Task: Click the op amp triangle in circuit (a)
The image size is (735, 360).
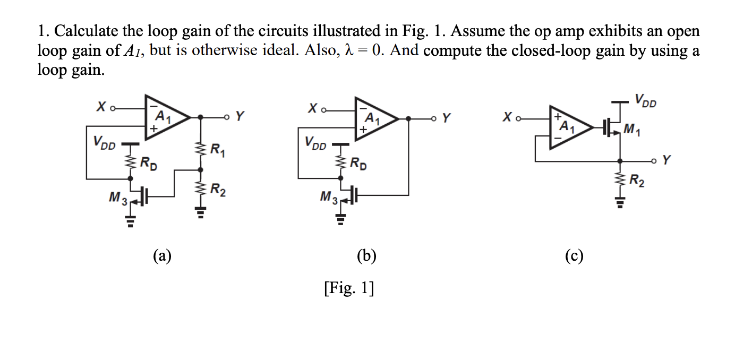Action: point(164,118)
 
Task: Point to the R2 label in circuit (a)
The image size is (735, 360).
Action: point(218,190)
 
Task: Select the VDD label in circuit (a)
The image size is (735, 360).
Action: point(102,142)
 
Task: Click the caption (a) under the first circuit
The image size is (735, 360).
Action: point(162,256)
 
